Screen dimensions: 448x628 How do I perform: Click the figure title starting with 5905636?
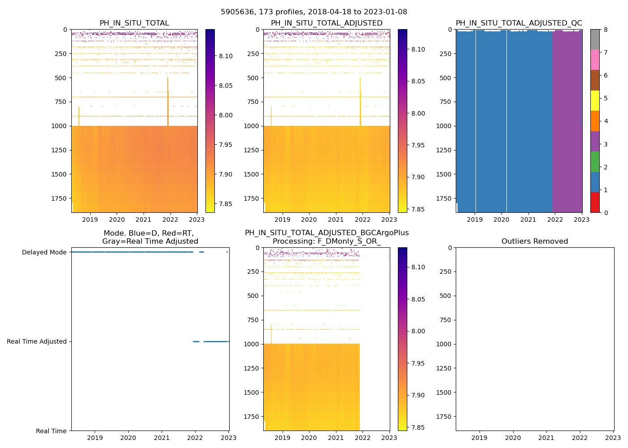(x=314, y=12)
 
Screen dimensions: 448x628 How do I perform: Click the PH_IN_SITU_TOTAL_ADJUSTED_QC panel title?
(x=519, y=23)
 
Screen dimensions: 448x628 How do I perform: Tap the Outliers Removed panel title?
(x=534, y=241)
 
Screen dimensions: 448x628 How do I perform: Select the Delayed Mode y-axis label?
(x=44, y=252)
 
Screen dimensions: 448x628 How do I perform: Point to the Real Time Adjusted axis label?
(x=36, y=341)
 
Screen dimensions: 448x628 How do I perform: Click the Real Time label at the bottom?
(x=51, y=431)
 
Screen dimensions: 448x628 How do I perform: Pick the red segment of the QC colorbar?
(x=595, y=202)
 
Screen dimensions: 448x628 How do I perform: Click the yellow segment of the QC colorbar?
(x=595, y=100)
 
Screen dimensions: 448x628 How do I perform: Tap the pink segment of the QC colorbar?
(x=595, y=60)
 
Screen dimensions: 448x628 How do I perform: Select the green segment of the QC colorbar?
(x=595, y=161)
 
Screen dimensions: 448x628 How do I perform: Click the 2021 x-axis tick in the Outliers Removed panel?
(x=546, y=438)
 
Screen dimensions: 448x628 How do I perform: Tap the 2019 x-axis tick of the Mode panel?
(x=95, y=438)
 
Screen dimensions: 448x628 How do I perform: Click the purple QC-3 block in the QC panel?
(x=567, y=121)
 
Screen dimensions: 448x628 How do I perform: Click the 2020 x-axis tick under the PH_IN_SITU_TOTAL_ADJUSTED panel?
(x=309, y=220)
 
